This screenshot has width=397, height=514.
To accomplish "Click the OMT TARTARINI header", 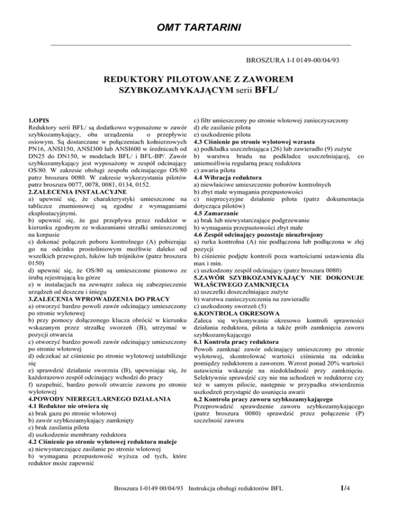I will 198,26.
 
